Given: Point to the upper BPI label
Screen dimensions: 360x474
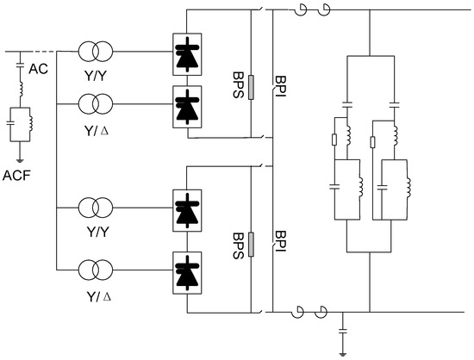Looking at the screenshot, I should click(x=278, y=87).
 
